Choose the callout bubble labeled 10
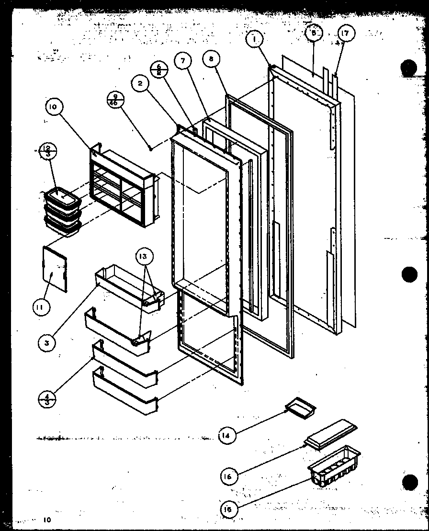[x=53, y=108]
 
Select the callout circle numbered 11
[x=40, y=306]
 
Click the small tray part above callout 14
[x=300, y=408]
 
